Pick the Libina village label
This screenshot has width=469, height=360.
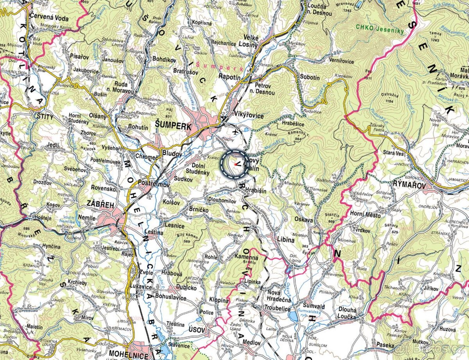point(285,240)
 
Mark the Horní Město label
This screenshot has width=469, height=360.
point(363,214)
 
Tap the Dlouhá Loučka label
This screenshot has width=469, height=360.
point(347,313)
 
